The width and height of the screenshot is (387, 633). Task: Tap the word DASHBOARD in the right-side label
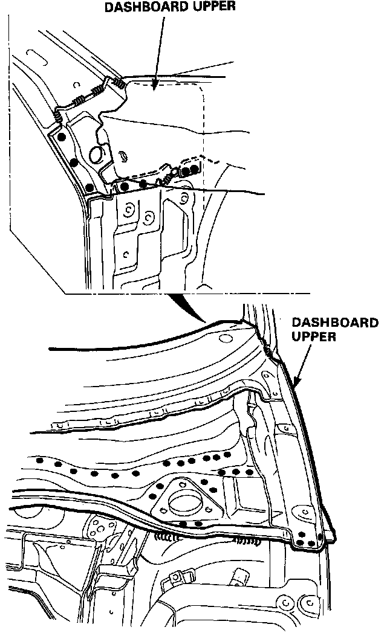(334, 322)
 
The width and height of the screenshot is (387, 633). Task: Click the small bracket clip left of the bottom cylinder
(175, 580)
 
